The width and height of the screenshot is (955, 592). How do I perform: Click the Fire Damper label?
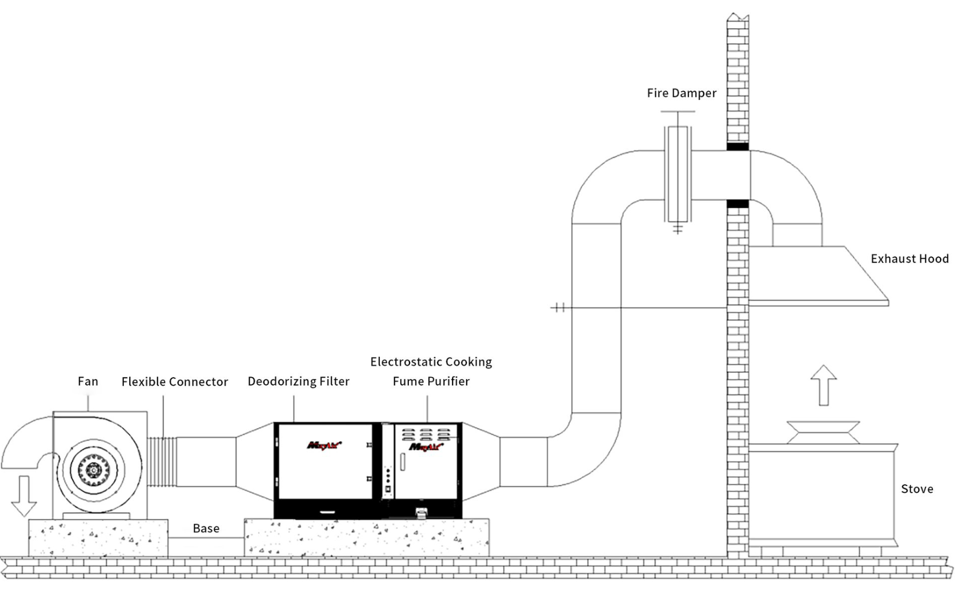pyautogui.click(x=681, y=93)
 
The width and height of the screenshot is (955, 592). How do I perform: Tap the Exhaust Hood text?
pyautogui.click(x=910, y=259)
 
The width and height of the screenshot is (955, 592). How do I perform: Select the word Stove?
pyautogui.click(x=917, y=489)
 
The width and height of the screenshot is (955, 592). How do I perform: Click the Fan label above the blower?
pyautogui.click(x=88, y=381)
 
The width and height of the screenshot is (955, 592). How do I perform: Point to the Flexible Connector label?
pyautogui.click(x=175, y=382)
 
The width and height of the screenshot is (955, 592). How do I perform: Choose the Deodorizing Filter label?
pyautogui.click(x=298, y=381)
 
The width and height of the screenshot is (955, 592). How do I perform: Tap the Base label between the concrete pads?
pyautogui.click(x=206, y=528)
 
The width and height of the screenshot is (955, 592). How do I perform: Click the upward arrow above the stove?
pyautogui.click(x=824, y=385)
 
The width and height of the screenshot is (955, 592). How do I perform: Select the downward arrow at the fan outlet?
pyautogui.click(x=24, y=496)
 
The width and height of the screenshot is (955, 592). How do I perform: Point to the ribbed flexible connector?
pyautogui.click(x=162, y=462)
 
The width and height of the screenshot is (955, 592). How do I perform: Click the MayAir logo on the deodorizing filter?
pyautogui.click(x=324, y=445)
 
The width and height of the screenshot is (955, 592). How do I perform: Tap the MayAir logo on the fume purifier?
pyautogui.click(x=426, y=447)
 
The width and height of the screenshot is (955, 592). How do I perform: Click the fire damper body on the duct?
pyautogui.click(x=678, y=175)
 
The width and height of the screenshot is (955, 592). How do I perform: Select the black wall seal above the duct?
pyautogui.click(x=737, y=147)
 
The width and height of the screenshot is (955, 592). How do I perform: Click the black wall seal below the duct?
pyautogui.click(x=737, y=204)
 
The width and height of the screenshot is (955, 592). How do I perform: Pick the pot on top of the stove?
pyautogui.click(x=823, y=433)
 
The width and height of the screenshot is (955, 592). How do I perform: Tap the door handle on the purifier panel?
pyautogui.click(x=402, y=462)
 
